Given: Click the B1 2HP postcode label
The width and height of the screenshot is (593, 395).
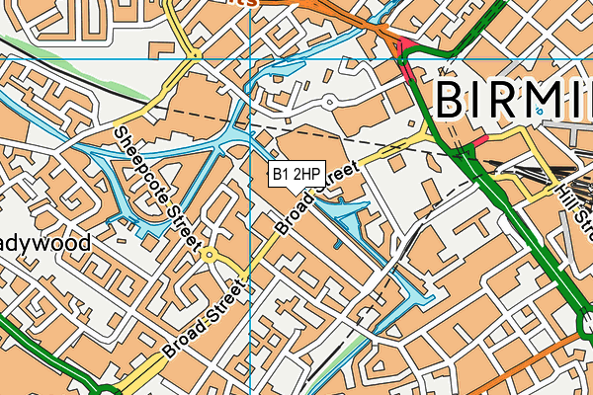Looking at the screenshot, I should pyautogui.click(x=296, y=175).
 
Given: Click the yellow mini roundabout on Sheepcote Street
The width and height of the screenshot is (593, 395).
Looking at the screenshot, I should pyautogui.click(x=210, y=256).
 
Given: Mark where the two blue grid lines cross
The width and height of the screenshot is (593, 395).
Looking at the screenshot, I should pyautogui.click(x=251, y=58).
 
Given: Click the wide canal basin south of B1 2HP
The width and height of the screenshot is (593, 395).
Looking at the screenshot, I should pyautogui.click(x=346, y=212).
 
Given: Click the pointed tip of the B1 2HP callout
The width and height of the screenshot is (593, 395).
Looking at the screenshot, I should pyautogui.click(x=296, y=191).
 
